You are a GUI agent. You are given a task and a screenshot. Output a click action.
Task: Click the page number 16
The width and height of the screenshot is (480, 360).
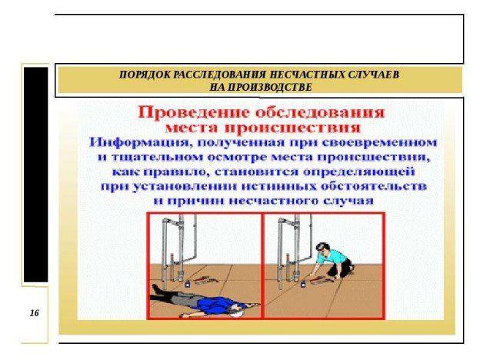[35, 313]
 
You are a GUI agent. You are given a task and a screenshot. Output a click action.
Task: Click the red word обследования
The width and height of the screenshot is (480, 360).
[320, 112]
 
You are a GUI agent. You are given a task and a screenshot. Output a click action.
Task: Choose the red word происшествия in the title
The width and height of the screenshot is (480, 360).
[292, 128]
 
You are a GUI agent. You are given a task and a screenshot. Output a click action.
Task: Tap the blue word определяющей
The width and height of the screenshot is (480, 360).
[359, 172]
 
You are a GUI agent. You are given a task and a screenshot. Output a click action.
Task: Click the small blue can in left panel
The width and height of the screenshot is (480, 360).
[188, 284]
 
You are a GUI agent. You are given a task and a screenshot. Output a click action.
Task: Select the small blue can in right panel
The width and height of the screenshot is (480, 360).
[302, 285]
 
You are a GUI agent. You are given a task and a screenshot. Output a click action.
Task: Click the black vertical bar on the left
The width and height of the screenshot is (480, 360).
[36, 175]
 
